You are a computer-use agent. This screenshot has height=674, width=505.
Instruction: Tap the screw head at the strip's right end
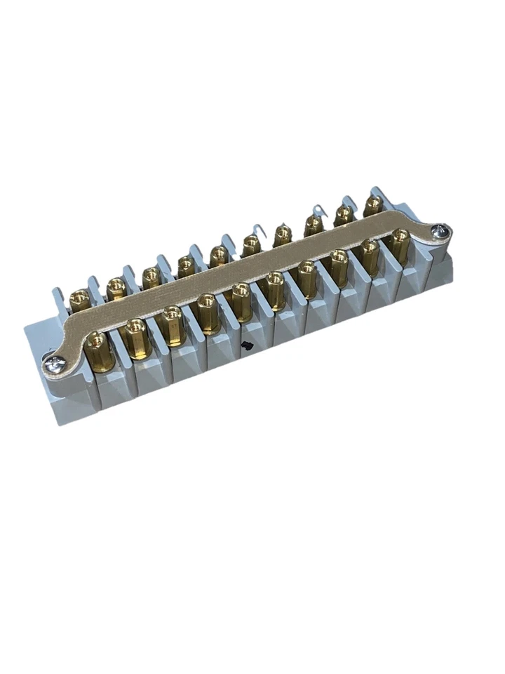441,230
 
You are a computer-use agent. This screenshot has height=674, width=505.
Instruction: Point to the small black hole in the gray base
246,345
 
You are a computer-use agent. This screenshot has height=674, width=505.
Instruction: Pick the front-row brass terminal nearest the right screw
400,240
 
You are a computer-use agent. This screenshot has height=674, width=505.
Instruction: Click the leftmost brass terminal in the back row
80,296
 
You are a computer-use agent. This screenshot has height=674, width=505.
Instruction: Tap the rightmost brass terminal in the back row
373,203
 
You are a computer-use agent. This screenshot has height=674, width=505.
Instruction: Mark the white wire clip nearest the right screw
319,209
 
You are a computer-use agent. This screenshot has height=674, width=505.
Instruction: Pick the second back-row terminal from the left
116,286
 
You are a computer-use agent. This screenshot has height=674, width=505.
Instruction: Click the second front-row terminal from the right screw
370,251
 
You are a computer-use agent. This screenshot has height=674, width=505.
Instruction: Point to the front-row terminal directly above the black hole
241,295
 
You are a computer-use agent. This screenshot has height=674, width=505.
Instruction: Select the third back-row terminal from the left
151,275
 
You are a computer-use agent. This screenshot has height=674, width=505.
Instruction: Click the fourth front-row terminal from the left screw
206,307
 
